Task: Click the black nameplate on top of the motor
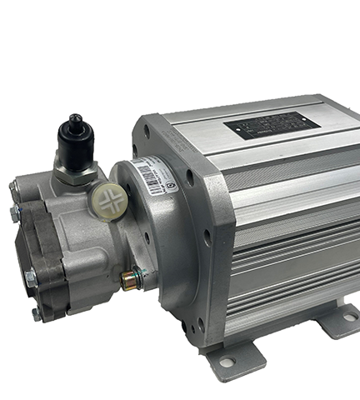coord(271,126)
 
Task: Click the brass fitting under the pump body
coord(129,280)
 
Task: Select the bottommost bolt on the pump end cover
coord(36,314)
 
